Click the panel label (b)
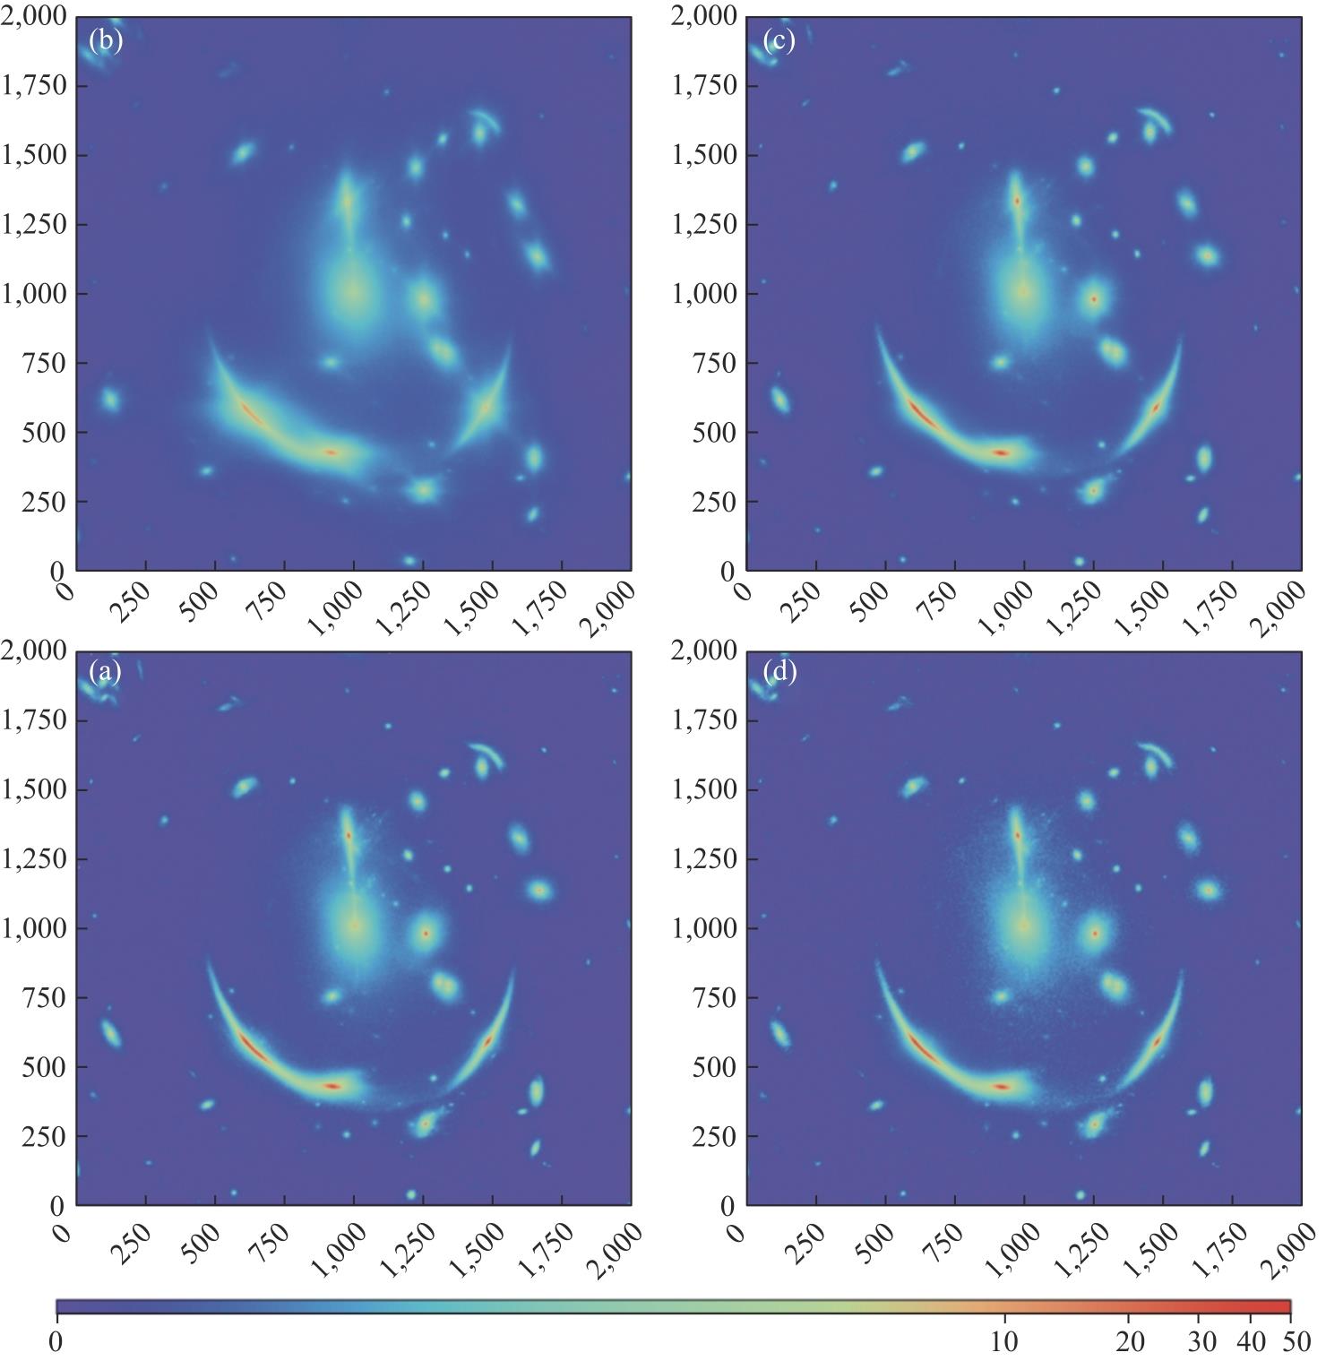tap(106, 41)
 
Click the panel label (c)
tap(779, 41)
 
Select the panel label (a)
tap(106, 672)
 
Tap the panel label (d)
tap(779, 672)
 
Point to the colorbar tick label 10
tap(1004, 1341)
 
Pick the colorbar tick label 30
tap(1201, 1341)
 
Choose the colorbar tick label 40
tap(1251, 1341)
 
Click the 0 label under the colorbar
tap(56, 1341)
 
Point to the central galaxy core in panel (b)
tap(355, 292)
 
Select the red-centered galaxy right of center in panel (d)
tap(1094, 933)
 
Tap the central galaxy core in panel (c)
tap(1024, 292)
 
